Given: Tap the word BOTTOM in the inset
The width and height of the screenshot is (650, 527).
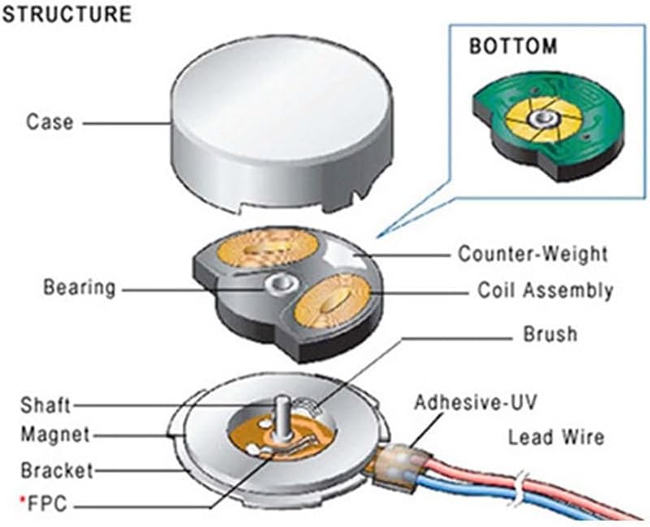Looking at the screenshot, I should click(x=513, y=45).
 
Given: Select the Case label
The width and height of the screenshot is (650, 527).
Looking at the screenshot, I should click(x=50, y=122).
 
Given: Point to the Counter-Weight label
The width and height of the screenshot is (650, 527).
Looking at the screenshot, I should click(x=532, y=254).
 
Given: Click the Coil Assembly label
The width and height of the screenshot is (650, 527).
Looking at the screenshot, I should click(x=544, y=290).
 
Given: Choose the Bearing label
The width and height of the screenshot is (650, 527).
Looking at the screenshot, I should click(x=80, y=288).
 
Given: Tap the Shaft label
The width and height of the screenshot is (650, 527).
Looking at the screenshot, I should click(x=46, y=405).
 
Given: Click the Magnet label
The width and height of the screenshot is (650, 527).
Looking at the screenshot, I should click(x=55, y=435).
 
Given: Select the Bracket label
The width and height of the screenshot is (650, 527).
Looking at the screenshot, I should click(x=57, y=470).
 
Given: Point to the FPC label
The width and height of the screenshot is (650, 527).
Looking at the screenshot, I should click(x=50, y=506).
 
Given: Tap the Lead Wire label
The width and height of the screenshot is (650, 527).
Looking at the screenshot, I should click(x=556, y=438).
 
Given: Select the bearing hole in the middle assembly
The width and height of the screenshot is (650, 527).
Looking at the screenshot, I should click(x=278, y=283).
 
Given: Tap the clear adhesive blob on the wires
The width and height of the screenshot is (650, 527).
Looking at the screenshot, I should click(x=403, y=465).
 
